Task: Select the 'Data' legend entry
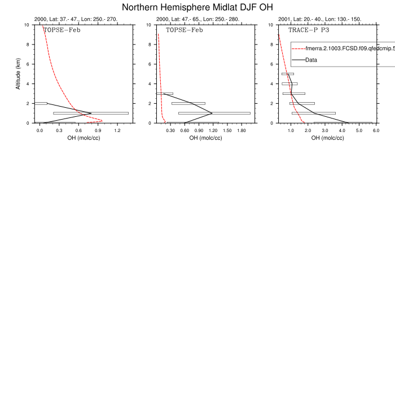point(311,60)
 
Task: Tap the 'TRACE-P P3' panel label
point(309,29)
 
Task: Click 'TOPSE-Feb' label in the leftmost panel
point(62,29)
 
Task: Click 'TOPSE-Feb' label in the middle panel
point(184,29)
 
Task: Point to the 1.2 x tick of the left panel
point(117,130)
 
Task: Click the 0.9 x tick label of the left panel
point(98,130)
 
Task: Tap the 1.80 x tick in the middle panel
point(242,130)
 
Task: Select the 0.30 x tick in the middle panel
point(170,130)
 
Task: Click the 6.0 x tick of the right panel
point(376,130)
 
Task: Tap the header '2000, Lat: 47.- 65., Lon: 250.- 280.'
point(197,19)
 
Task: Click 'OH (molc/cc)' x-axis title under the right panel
point(327,138)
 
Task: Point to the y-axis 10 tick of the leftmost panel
point(28,25)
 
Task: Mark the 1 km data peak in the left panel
point(91,113)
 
